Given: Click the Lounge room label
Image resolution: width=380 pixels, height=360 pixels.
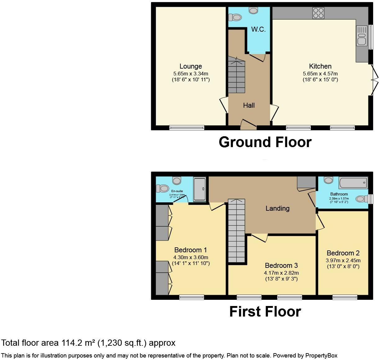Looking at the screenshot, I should pos(191,66).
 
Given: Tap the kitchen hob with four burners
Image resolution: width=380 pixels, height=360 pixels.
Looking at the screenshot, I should pos(319,13).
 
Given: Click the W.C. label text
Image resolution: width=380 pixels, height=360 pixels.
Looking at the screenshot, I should pos(258,29).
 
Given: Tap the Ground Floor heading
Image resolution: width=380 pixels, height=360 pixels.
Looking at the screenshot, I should pos(265,142).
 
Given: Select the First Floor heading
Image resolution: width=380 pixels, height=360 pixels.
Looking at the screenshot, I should pos(265,312).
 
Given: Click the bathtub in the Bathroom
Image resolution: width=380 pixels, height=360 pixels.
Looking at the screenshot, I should pos(353,182).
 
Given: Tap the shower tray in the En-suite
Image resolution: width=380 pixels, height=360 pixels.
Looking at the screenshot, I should pos(199,189).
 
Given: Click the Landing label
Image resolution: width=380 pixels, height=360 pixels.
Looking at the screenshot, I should pos(278,208).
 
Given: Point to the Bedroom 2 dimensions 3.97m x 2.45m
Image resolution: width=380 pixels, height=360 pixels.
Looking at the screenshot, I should pos(343,260).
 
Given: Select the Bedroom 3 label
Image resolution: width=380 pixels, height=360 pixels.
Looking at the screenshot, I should pos(281,265).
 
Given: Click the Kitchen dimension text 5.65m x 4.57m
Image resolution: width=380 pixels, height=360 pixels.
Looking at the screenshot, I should pos(320,74).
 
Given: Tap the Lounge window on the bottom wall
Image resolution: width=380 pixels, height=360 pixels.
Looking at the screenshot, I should pos(187,128).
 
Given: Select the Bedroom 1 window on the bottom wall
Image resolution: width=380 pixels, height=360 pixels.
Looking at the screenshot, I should pos(192,297).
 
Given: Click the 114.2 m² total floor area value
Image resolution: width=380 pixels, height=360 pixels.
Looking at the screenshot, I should pos(78,343).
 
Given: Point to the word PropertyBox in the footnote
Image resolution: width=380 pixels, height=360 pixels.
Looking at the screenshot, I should pos(321,356).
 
